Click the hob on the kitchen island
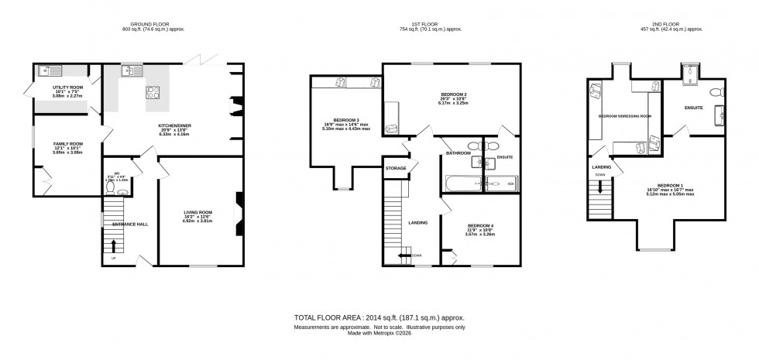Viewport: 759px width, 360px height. [153, 93]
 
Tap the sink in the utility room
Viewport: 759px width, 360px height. [49, 71]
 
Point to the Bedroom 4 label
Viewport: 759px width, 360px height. [479, 225]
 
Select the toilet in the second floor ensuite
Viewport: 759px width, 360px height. [716, 92]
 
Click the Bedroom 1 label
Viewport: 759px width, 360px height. [669, 185]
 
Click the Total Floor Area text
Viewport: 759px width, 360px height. [378, 317]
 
